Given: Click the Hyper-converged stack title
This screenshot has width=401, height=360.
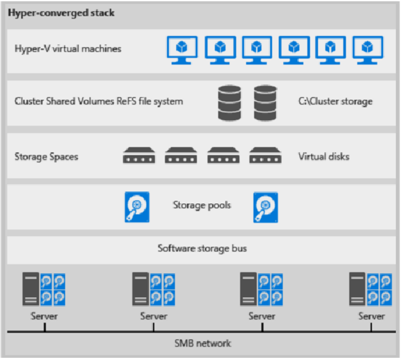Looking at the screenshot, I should pyautogui.click(x=61, y=12).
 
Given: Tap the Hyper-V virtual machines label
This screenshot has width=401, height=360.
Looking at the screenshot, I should pyautogui.click(x=68, y=49).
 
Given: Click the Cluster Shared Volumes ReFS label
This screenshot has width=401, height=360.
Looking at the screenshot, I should pyautogui.click(x=98, y=102).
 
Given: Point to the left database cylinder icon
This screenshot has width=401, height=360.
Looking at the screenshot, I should pyautogui.click(x=229, y=103).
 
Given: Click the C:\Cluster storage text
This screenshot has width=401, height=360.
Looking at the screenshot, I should pyautogui.click(x=335, y=102).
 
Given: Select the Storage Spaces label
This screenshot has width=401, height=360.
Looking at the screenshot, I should pyautogui.click(x=46, y=157).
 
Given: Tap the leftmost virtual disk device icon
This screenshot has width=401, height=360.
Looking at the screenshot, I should pyautogui.click(x=139, y=156).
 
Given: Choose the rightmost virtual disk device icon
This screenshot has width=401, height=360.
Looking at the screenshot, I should pyautogui.click(x=265, y=156).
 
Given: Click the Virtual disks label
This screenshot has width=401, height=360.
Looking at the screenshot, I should pyautogui.click(x=323, y=157).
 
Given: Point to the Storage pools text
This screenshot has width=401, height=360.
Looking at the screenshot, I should pyautogui.click(x=202, y=205).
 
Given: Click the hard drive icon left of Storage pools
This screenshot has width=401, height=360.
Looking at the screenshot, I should pyautogui.click(x=137, y=207).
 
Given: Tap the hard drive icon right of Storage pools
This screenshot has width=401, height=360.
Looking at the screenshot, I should pyautogui.click(x=266, y=207).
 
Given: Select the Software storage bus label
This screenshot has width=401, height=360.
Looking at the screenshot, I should pyautogui.click(x=202, y=248).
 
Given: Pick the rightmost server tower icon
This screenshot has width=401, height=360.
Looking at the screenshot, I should pyautogui.click(x=357, y=289).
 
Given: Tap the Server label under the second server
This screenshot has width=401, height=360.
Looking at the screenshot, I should pyautogui.click(x=153, y=316).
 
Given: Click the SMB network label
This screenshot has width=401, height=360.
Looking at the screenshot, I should pyautogui.click(x=202, y=343).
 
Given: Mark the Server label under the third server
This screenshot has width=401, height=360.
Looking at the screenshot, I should pyautogui.click(x=262, y=316).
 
